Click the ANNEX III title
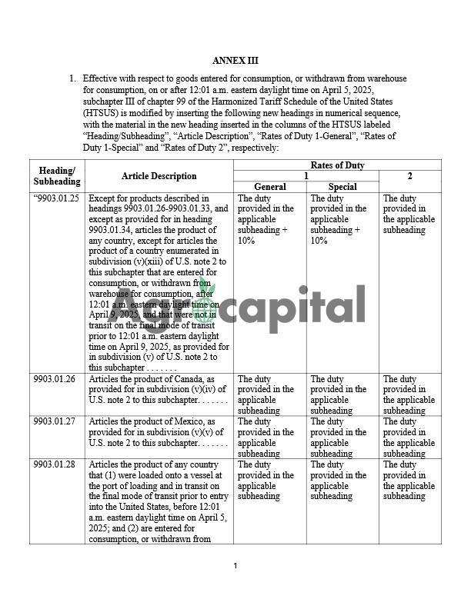[235, 60]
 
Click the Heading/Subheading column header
[57, 176]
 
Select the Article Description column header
[159, 176]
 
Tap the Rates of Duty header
[337, 165]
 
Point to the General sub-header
[269, 187]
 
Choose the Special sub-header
[342, 187]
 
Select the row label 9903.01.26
[55, 379]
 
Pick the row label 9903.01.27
[55, 422]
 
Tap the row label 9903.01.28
[55, 465]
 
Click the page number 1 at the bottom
[235, 567]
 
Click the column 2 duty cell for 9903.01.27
[409, 438]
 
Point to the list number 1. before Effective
[72, 78]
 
